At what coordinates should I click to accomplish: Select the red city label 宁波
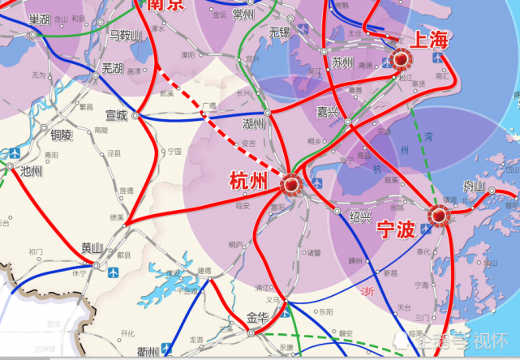click(x=398, y=228)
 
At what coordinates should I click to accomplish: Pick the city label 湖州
click(x=254, y=123)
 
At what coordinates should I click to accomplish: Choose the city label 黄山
click(x=92, y=248)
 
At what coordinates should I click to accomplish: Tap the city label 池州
click(x=31, y=171)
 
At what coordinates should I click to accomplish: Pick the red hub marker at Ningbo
click(x=440, y=216)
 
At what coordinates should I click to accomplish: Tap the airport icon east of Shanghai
click(x=440, y=60)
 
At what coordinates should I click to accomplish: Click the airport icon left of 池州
click(x=14, y=153)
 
